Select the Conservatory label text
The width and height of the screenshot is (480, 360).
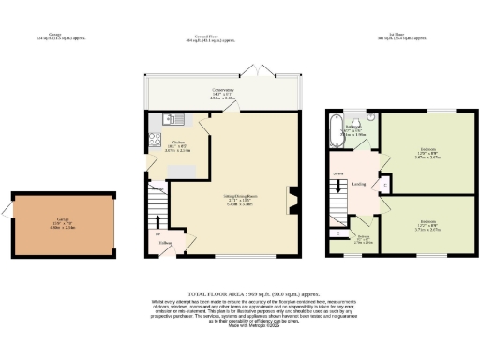tap(223, 92)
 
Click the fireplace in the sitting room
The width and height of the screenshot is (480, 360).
tap(292, 198)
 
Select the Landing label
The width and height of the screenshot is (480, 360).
tap(358, 184)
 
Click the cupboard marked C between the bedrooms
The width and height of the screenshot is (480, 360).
tap(387, 184)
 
